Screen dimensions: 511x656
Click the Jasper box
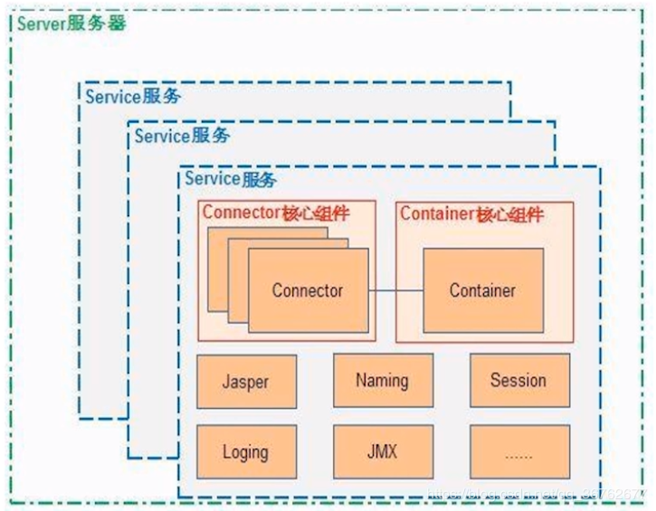246,380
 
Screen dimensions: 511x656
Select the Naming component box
382,380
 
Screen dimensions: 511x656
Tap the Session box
519,380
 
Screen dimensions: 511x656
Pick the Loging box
246,451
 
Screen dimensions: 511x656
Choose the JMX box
382,451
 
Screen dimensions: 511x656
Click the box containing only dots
519,451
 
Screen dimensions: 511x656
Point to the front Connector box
308,308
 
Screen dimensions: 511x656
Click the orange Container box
483,290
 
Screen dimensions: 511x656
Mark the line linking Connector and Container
395,290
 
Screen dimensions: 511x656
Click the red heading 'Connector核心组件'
276,213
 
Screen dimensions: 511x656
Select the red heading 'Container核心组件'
471,213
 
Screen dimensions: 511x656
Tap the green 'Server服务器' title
71,23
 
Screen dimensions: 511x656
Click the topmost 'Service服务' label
132,96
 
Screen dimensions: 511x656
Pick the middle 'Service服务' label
181,136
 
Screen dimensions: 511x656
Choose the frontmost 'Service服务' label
230,179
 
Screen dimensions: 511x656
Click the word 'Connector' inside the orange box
308,290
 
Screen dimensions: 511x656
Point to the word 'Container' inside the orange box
483,290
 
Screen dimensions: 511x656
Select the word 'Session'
519,380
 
